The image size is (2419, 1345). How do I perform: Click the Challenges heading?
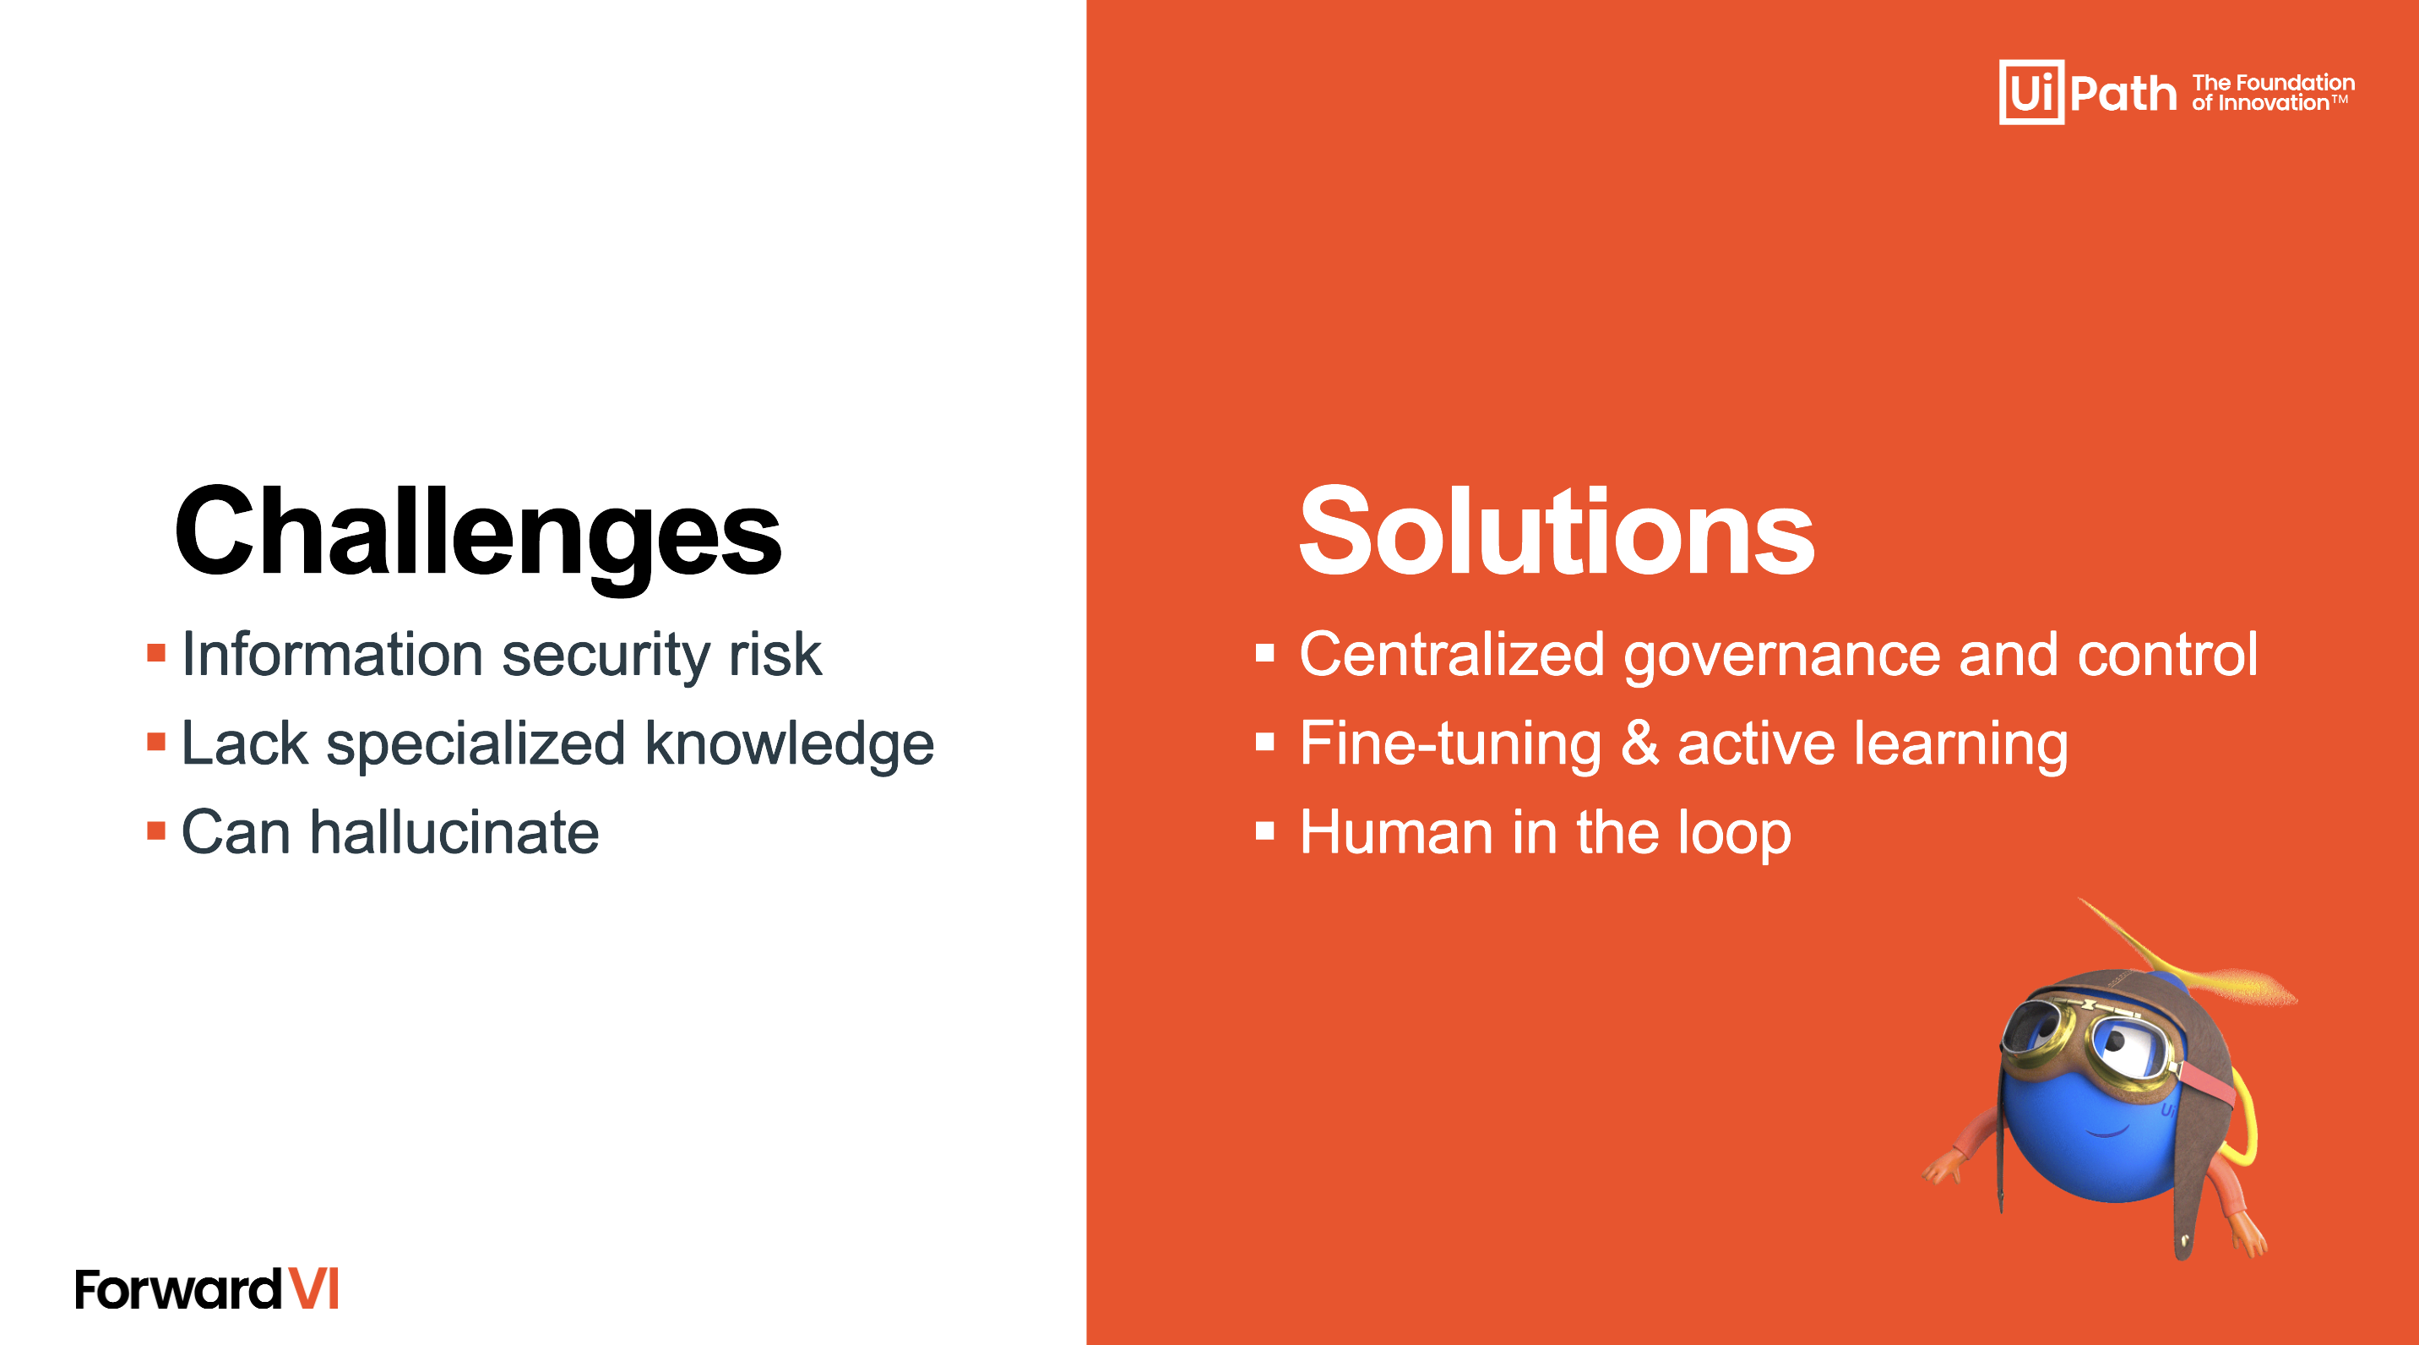(478, 532)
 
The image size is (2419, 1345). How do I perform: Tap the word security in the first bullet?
(606, 656)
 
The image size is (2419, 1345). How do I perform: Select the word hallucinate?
(454, 832)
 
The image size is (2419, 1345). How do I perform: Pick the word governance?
(1781, 656)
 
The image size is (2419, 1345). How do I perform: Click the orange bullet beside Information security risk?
(157, 653)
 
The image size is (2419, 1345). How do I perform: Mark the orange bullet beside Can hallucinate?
(157, 830)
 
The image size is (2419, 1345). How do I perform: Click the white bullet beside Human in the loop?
(1265, 830)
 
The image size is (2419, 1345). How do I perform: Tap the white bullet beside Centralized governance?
(1265, 653)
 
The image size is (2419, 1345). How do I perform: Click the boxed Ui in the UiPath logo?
(2031, 92)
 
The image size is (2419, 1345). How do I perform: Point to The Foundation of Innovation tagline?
(2273, 93)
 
